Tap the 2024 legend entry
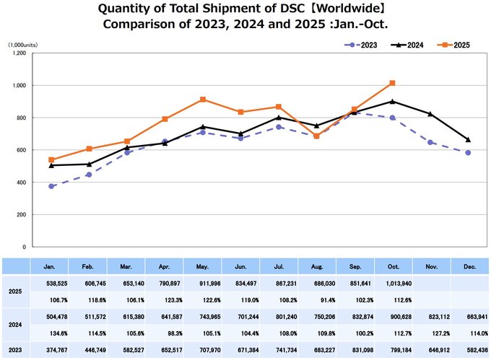click(407, 45)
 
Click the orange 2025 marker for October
click(391, 83)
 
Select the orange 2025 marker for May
click(203, 100)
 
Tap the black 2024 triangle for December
click(468, 139)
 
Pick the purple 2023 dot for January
click(51, 186)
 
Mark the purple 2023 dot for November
click(430, 142)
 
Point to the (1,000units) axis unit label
click(23, 45)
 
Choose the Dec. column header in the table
click(468, 266)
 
